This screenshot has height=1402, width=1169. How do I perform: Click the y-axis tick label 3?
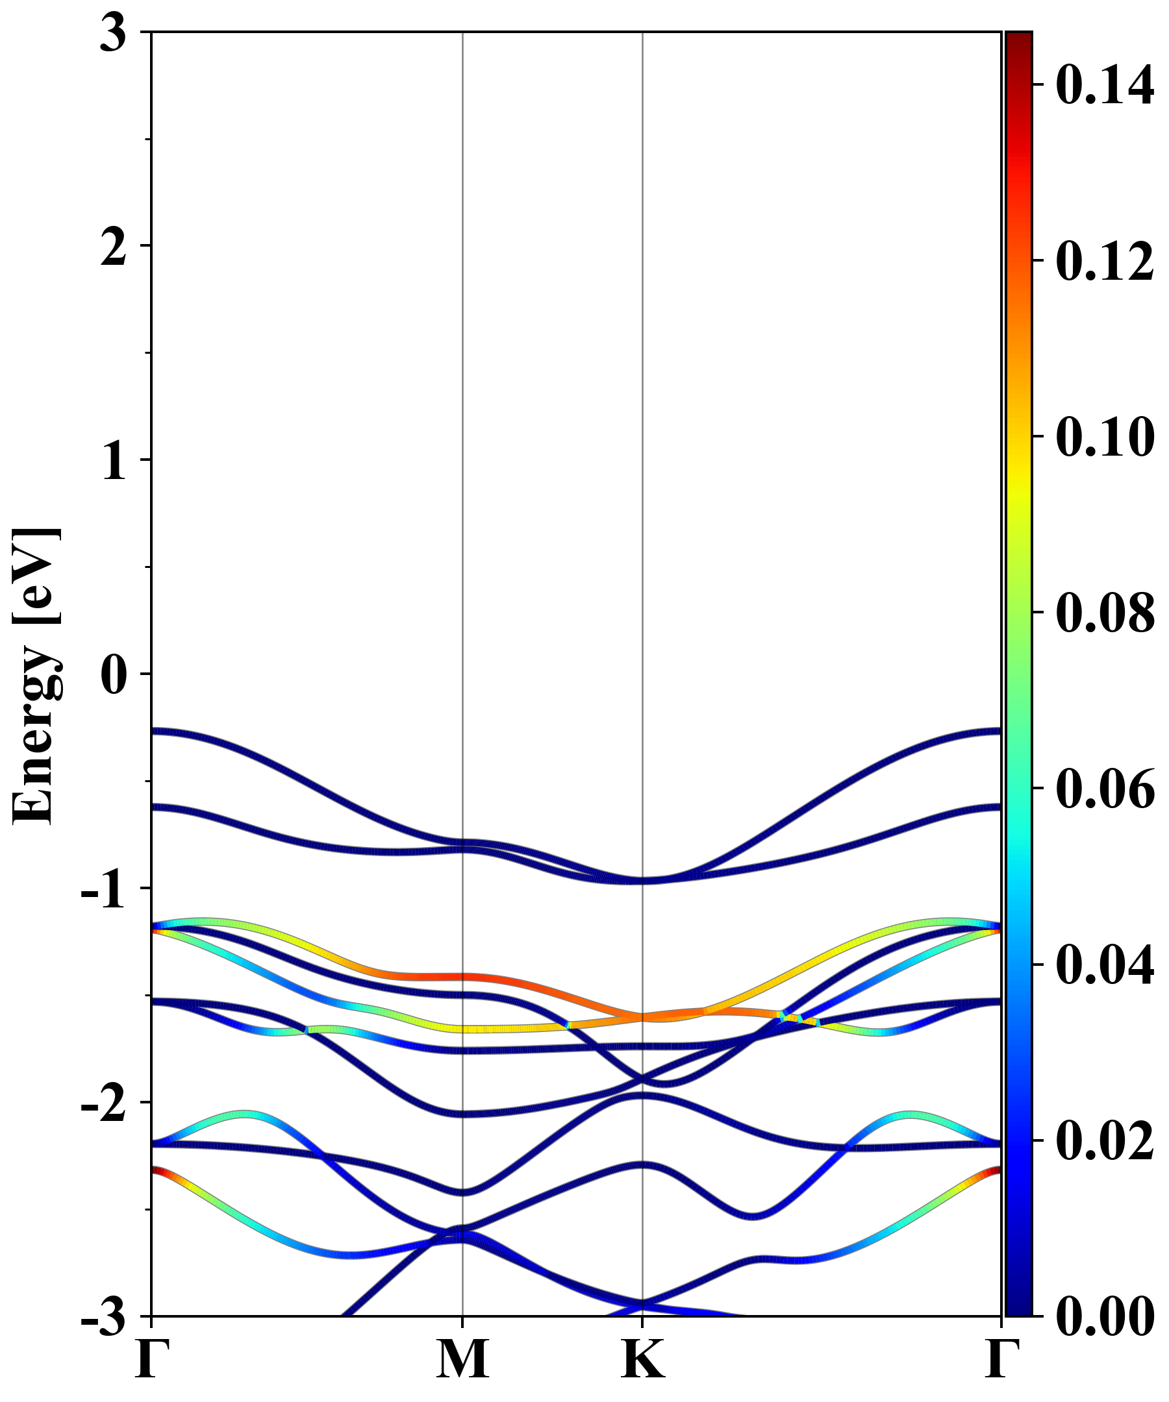pos(113,33)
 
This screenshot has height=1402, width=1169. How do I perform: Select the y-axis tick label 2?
pos(113,248)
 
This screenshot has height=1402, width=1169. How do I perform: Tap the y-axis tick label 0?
pos(113,675)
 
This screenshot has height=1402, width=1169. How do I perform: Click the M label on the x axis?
pos(462,1360)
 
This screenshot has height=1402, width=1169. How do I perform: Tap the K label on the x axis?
pos(642,1360)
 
